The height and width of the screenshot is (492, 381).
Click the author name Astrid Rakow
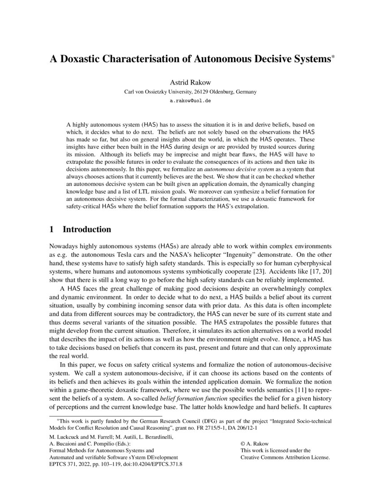point(190,83)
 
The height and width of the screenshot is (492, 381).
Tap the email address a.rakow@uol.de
point(190,101)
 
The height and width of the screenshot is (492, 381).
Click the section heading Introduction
point(87,229)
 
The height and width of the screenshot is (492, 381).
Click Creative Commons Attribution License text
point(285,458)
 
